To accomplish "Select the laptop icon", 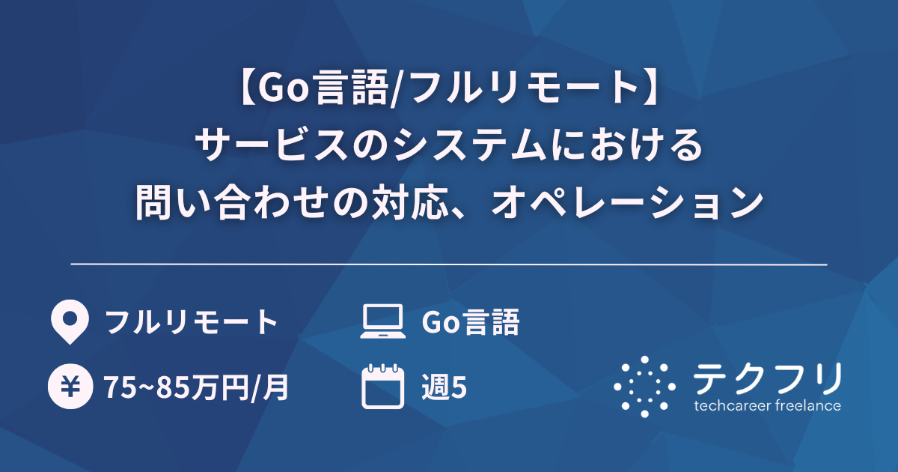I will (x=382, y=322).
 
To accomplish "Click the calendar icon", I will (x=382, y=387).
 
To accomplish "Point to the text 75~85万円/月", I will (x=197, y=387).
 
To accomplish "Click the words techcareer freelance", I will (x=767, y=406).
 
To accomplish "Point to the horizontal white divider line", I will (x=449, y=264).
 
